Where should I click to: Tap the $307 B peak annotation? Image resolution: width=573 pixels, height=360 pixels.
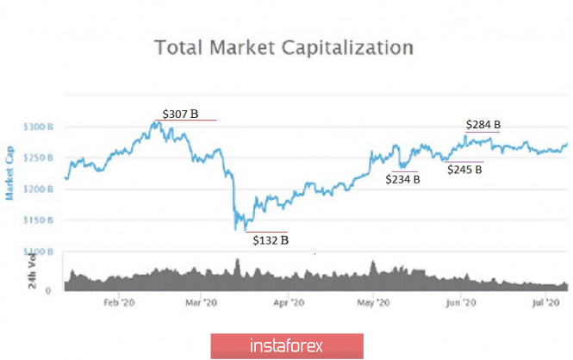point(181,113)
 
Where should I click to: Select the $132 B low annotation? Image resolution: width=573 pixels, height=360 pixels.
point(271,240)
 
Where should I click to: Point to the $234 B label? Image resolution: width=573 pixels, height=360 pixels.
point(402,179)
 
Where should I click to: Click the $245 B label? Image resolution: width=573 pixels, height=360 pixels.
point(464,170)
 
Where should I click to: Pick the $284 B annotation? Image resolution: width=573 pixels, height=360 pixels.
point(483,125)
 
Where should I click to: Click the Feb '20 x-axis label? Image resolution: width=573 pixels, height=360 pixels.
point(119,303)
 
